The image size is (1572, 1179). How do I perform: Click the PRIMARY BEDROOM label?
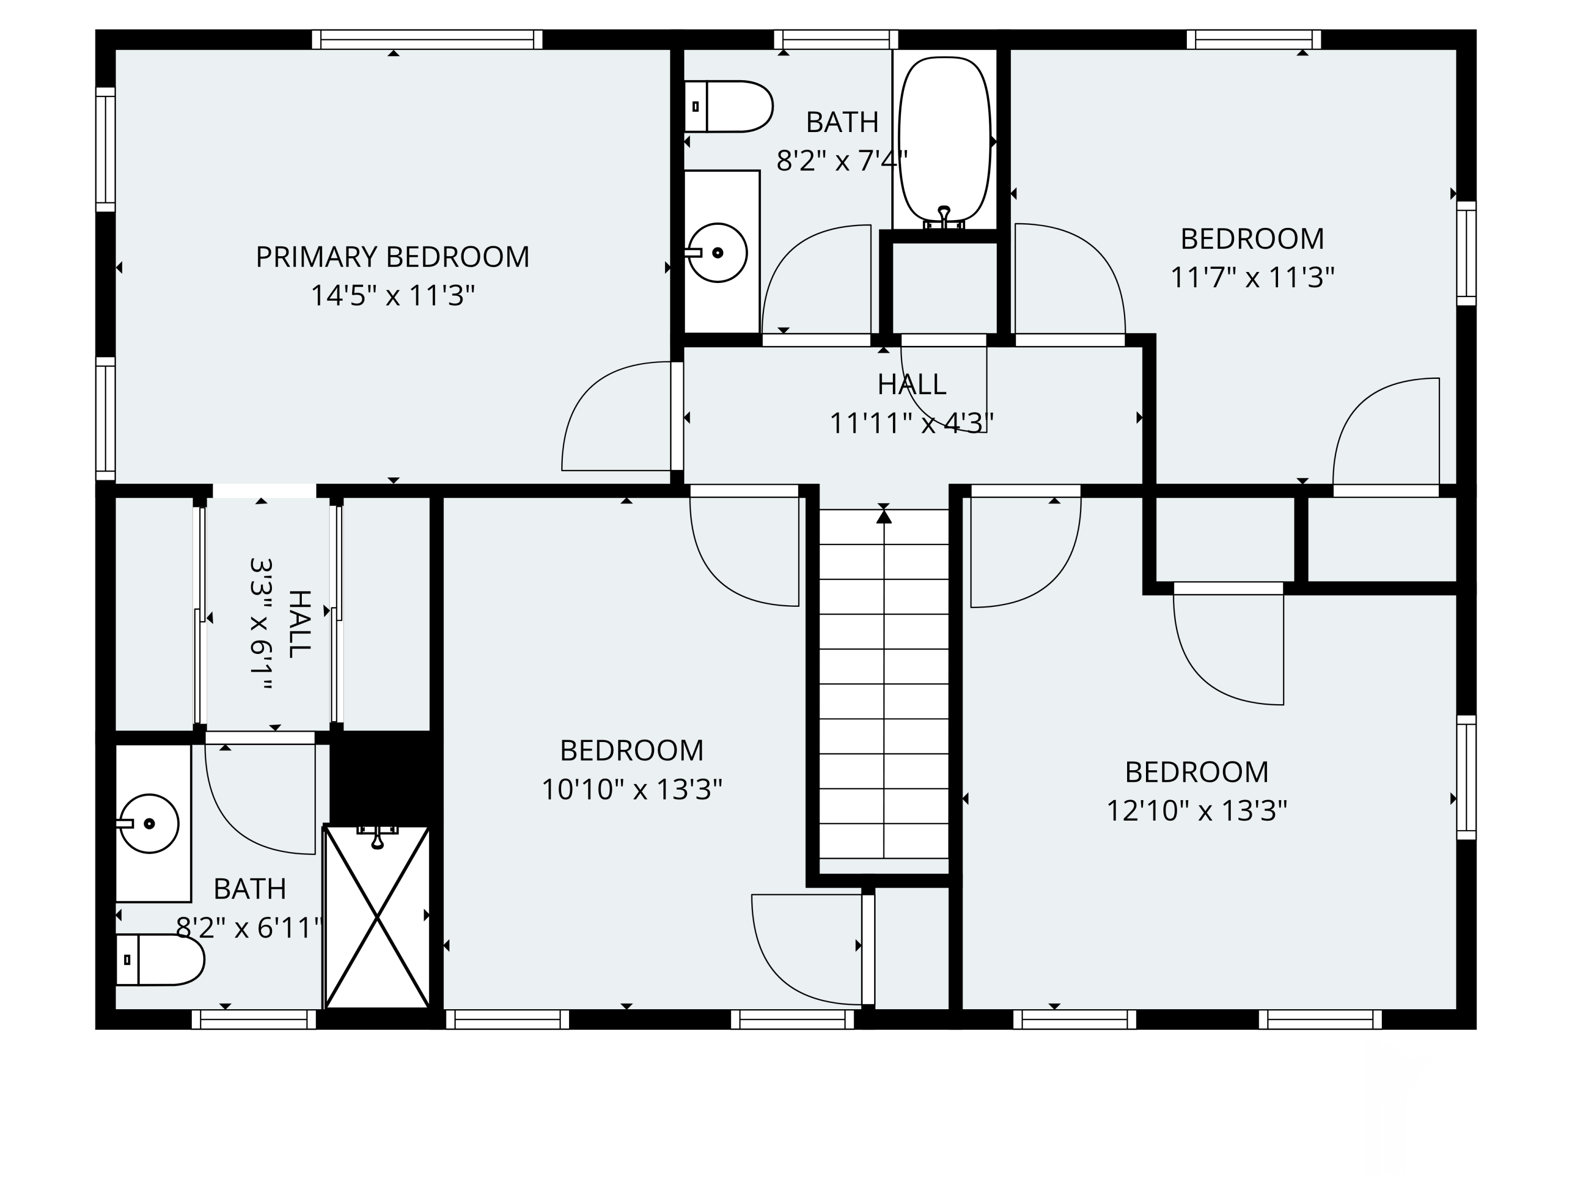coord(392,257)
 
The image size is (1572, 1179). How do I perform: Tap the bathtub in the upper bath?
coord(944,141)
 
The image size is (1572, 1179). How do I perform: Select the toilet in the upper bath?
coord(728,106)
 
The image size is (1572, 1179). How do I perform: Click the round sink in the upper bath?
coord(718,252)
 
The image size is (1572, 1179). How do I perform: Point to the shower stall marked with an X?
coord(377,917)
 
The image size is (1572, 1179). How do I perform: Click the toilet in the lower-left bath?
coord(160,959)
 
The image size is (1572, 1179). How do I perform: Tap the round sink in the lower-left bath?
coord(148,824)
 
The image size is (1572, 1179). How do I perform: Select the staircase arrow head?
coord(883,517)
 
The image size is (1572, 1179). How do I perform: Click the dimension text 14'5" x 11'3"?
coord(392,296)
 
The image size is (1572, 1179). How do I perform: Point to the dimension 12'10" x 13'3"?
coord(1197,811)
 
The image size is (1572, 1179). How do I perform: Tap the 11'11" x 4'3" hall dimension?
coord(912,423)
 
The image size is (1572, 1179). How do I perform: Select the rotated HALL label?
coord(300,624)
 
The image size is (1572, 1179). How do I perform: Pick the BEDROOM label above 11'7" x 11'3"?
coord(1252,239)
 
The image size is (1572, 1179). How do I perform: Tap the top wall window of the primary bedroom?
coord(427,39)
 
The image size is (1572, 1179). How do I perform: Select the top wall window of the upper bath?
coord(836,39)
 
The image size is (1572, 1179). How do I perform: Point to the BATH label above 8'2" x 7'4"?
coord(842,122)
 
